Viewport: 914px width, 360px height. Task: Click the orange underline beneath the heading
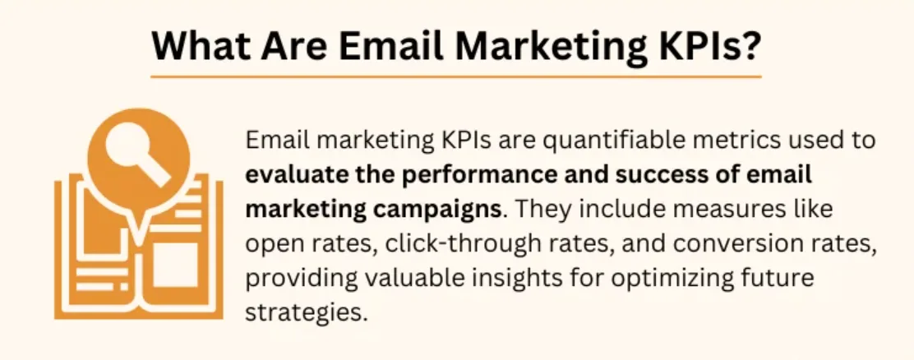456,76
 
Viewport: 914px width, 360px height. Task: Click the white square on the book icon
175,265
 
